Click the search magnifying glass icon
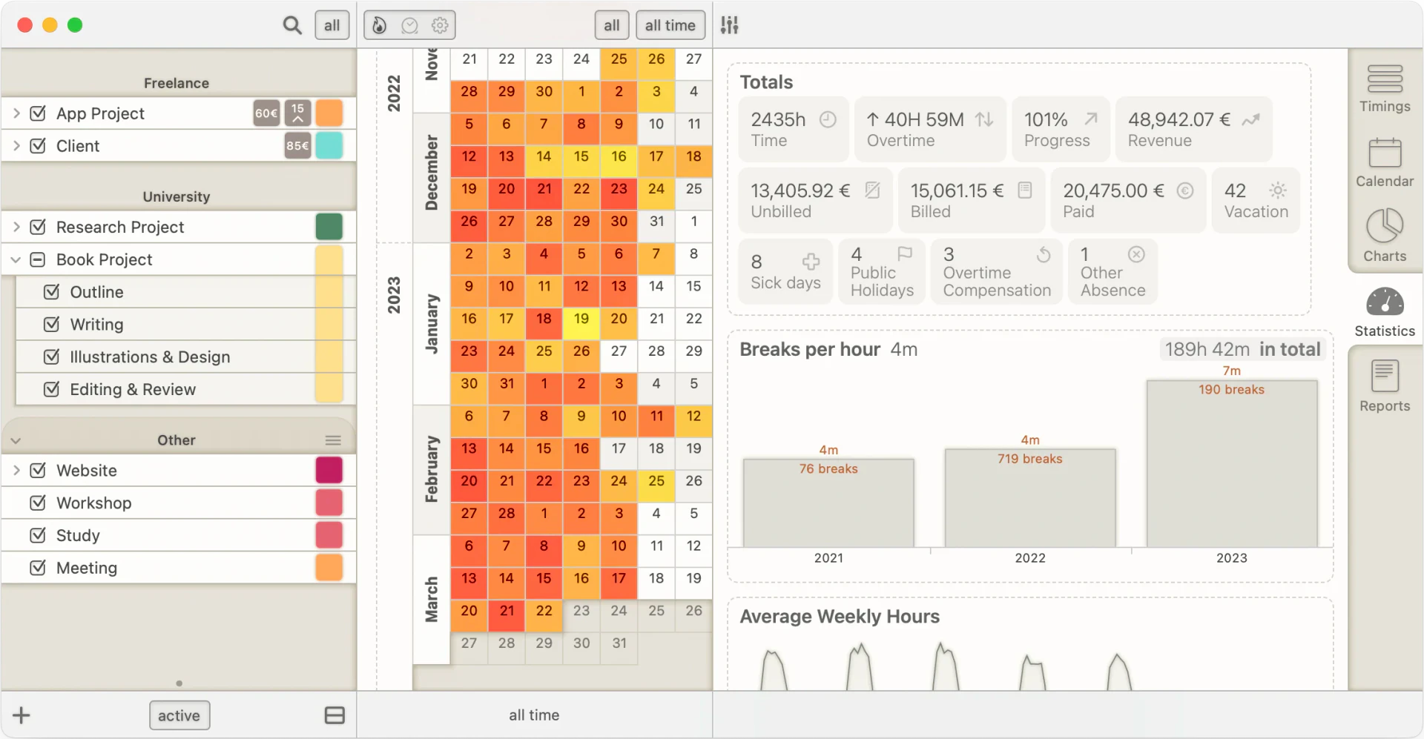292,25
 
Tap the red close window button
24,25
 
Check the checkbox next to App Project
38,113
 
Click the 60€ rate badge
266,113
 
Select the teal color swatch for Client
329,146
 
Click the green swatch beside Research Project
329,227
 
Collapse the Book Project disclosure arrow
16,259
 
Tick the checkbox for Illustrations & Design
51,357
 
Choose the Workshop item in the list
94,503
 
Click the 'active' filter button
179,715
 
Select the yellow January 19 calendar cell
581,319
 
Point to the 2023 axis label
1231,558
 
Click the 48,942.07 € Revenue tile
1194,129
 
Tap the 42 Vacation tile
1256,200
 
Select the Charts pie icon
1385,225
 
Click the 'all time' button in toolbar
670,25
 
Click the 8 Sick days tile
785,271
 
